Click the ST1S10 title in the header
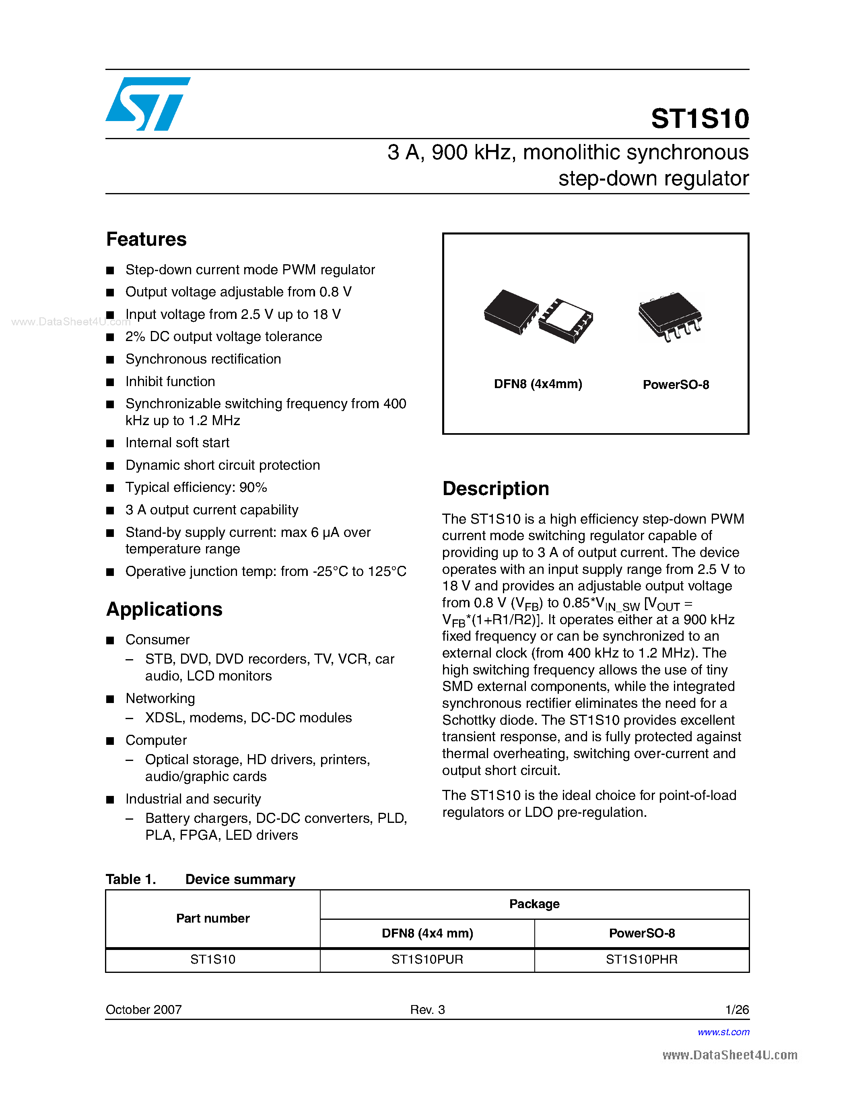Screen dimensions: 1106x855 tap(700, 119)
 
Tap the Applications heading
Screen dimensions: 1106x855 tap(164, 609)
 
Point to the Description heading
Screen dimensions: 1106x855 tap(495, 489)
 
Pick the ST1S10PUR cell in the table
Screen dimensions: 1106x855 tap(427, 960)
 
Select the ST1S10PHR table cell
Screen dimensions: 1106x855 tap(641, 960)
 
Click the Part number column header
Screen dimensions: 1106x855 tap(213, 918)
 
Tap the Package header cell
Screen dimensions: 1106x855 tap(534, 904)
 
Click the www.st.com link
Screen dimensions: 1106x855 tap(723, 1032)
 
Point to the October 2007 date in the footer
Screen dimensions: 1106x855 tap(143, 1010)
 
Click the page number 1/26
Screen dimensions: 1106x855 tap(737, 1010)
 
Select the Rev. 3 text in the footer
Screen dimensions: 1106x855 tap(427, 1010)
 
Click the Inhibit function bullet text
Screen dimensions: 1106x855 tap(170, 381)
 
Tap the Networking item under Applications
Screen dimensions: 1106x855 tap(160, 698)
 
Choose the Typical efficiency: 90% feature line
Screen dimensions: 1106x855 tap(196, 487)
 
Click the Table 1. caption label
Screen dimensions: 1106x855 tap(131, 879)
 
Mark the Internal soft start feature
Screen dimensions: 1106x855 tap(177, 443)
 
